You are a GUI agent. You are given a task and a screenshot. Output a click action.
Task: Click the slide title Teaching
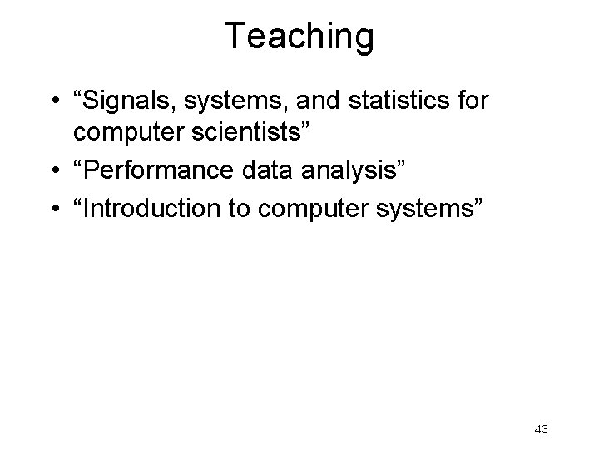point(299,37)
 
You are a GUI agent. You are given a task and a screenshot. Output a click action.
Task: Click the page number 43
point(541,429)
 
